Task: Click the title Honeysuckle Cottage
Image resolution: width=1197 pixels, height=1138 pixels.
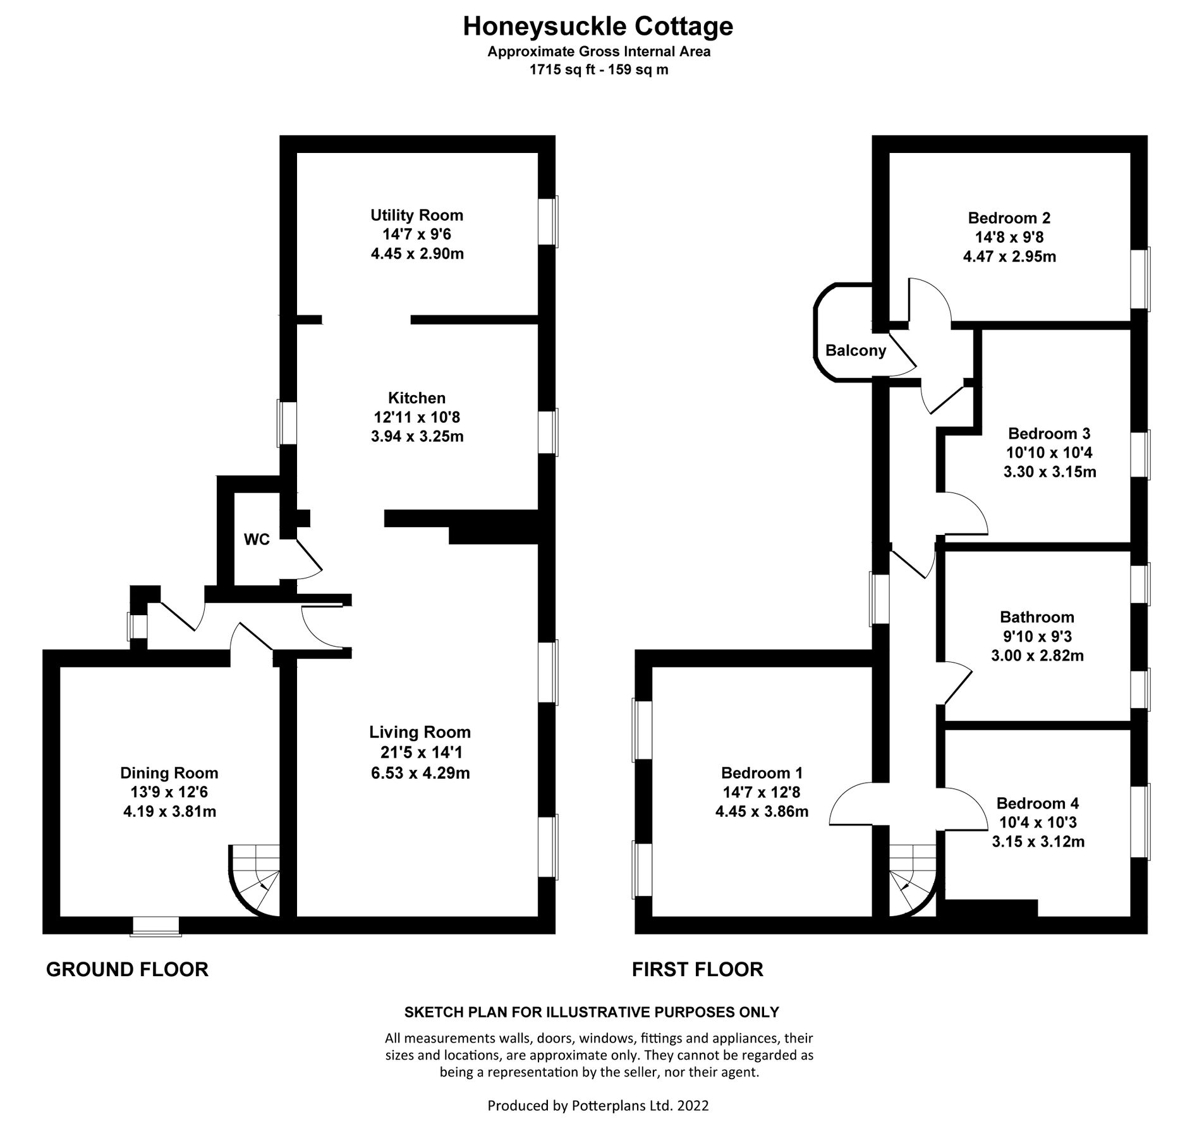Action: coord(598,27)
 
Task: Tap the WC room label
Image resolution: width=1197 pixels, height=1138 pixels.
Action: coord(257,539)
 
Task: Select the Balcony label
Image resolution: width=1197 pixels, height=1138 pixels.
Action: coord(856,351)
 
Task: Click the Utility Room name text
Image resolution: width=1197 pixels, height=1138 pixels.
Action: coord(416,215)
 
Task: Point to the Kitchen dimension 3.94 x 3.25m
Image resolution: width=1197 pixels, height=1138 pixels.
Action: coord(416,436)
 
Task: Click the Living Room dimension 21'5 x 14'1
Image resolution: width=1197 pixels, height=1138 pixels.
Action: coord(420,752)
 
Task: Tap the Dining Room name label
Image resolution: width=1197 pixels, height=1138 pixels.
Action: coord(169,773)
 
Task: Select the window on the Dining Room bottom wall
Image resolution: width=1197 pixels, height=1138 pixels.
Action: coord(155,926)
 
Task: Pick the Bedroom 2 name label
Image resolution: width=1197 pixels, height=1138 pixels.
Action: coord(1009,218)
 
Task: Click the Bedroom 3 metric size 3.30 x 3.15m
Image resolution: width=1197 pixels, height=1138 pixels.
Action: coord(1049,472)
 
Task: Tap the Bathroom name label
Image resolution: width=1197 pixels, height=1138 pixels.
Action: coord(1036,616)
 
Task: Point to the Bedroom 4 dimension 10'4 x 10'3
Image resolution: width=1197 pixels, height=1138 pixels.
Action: coord(1037,822)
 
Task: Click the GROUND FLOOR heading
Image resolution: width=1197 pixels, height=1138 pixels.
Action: coord(127,969)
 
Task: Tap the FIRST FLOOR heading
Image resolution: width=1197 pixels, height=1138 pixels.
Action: coord(697,969)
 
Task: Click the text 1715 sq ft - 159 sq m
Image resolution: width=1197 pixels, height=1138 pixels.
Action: coord(598,70)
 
